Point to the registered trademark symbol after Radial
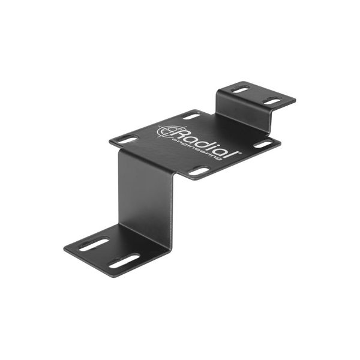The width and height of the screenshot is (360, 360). [239, 152]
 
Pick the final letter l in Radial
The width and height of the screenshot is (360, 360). [234, 154]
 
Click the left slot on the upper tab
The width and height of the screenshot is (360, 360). [241, 89]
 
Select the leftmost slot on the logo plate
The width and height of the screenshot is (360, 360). [127, 140]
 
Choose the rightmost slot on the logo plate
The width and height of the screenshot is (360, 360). [263, 145]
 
